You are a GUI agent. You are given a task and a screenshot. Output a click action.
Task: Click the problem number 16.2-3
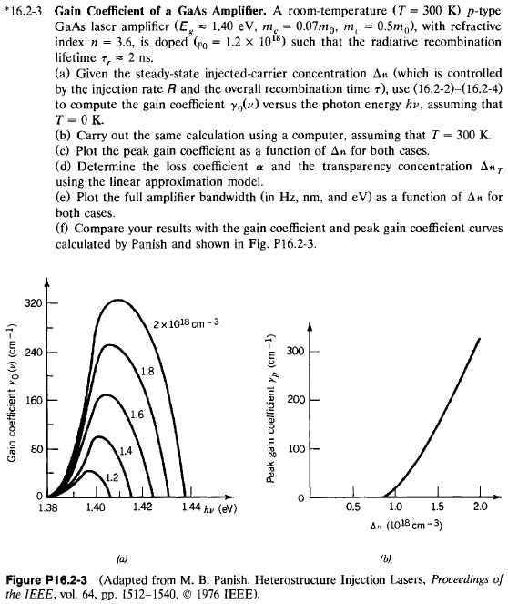point(30,10)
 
